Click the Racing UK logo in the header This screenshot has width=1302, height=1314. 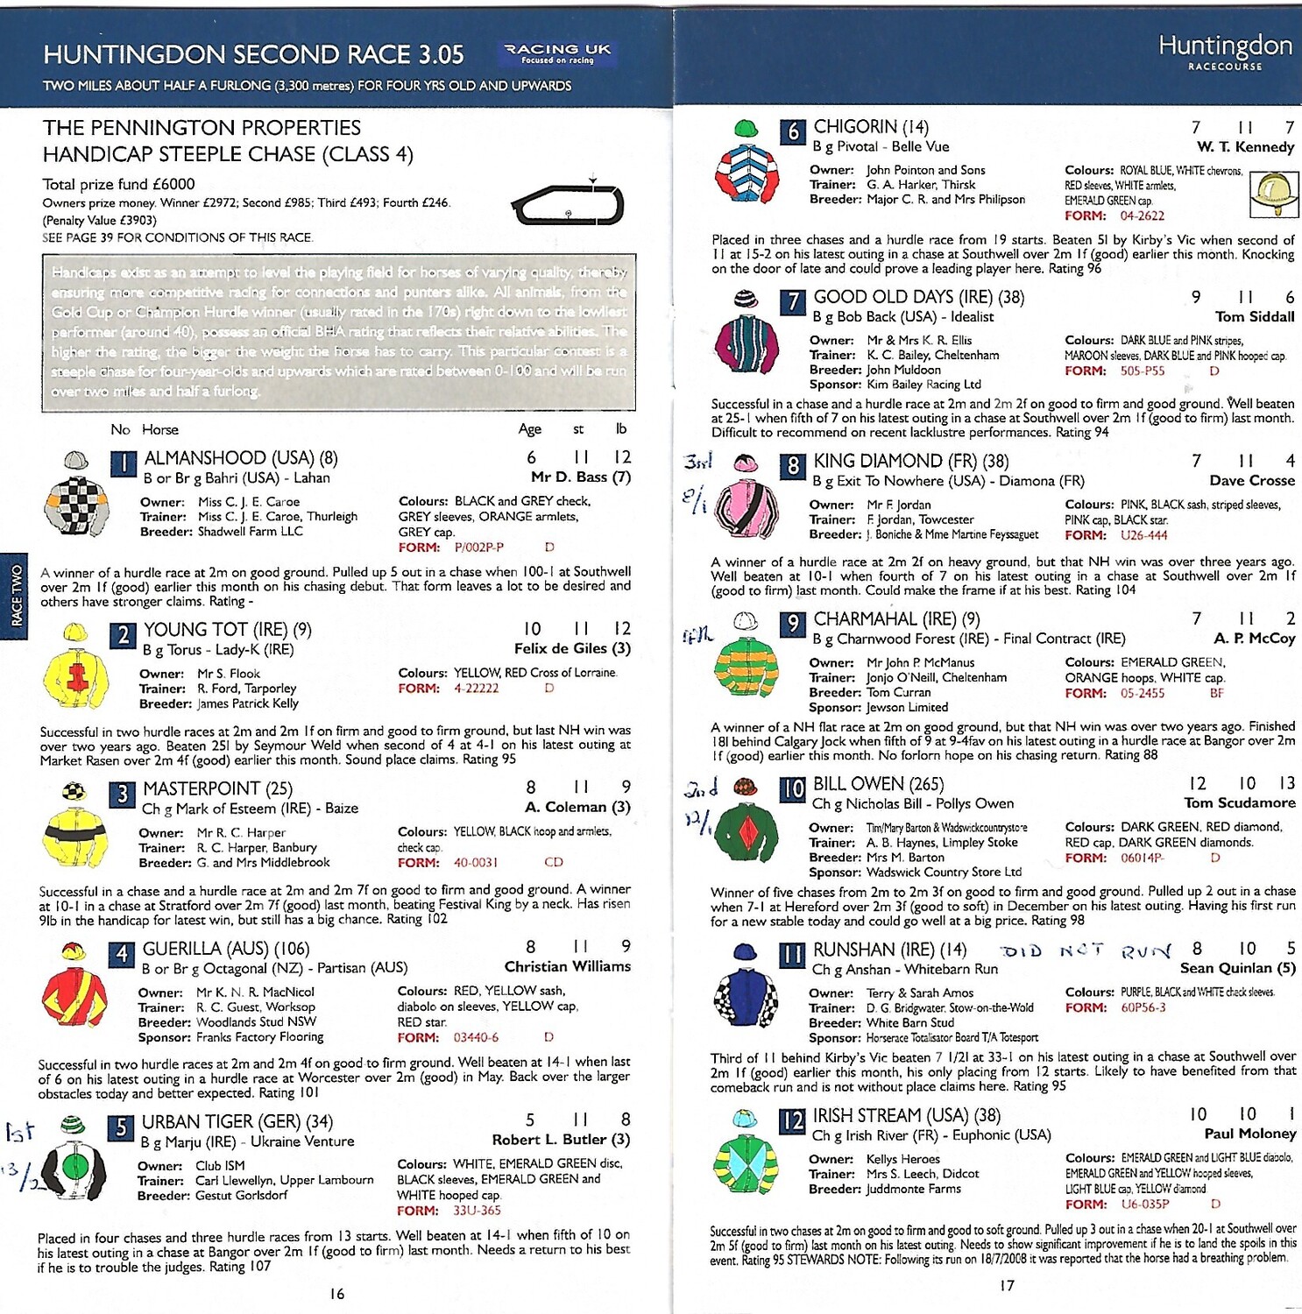(557, 53)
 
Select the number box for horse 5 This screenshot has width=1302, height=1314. (122, 1127)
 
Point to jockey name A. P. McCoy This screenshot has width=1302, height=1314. (1254, 639)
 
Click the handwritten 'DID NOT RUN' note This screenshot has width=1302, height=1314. (1085, 950)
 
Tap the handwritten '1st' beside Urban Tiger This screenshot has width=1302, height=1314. (19, 1132)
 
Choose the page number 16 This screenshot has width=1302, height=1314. (337, 1294)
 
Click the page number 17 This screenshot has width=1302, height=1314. (1007, 1285)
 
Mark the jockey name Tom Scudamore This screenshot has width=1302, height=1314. (1239, 802)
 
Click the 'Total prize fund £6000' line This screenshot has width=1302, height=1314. (118, 184)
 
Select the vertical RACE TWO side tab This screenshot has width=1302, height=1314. (16, 596)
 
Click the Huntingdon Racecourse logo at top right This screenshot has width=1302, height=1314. (1225, 52)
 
